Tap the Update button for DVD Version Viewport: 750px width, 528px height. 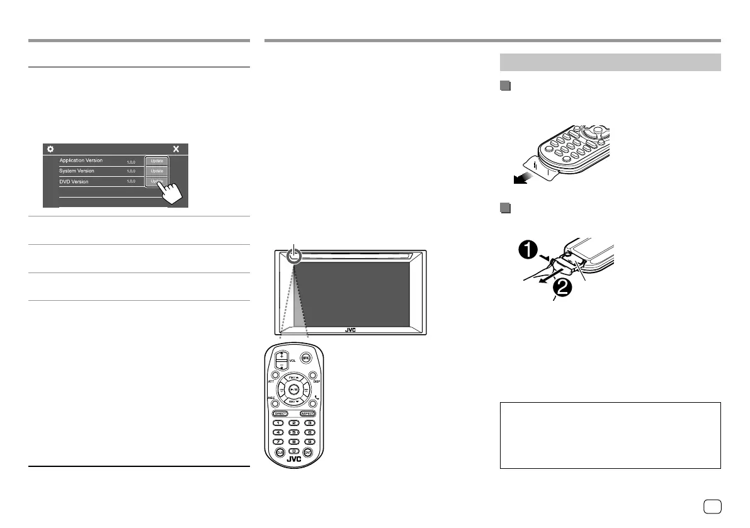pyautogui.click(x=156, y=181)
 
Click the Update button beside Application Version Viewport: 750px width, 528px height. pyautogui.click(x=156, y=160)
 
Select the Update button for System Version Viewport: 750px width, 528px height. pyautogui.click(x=156, y=171)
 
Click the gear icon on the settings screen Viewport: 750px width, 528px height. pyautogui.click(x=50, y=150)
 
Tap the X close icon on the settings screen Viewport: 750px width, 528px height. pyautogui.click(x=176, y=150)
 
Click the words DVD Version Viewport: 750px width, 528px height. pyautogui.click(x=74, y=181)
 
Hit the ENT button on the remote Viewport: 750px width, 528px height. pyautogui.click(x=307, y=452)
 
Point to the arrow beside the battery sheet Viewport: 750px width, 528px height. pyautogui.click(x=522, y=179)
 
